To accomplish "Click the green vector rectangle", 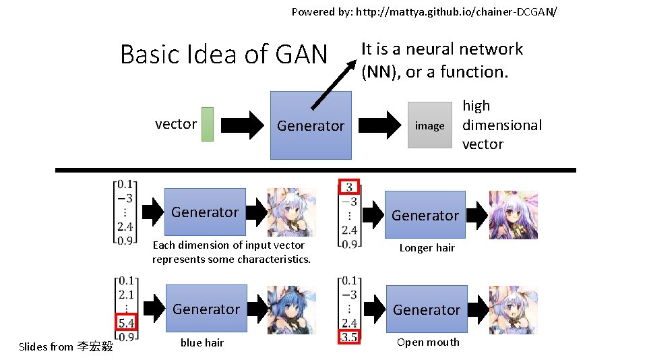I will point(208,124).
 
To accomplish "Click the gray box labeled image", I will point(429,125).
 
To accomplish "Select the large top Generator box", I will point(311,125).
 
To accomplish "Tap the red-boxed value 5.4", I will point(126,322).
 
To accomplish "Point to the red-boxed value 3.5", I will point(348,336).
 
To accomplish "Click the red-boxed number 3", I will point(348,187).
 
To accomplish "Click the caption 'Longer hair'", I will point(427,248).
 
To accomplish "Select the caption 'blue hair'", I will point(202,342).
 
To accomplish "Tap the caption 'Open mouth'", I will point(428,342).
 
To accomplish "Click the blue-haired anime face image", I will point(291,309).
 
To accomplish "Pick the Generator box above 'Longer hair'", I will point(425,215).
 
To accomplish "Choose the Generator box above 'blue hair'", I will point(206,309).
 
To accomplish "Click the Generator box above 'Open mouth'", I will point(426,309).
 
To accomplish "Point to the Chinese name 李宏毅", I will point(94,346).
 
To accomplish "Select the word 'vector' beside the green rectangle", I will point(175,124).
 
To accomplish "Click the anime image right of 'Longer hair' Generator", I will point(513,215).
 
